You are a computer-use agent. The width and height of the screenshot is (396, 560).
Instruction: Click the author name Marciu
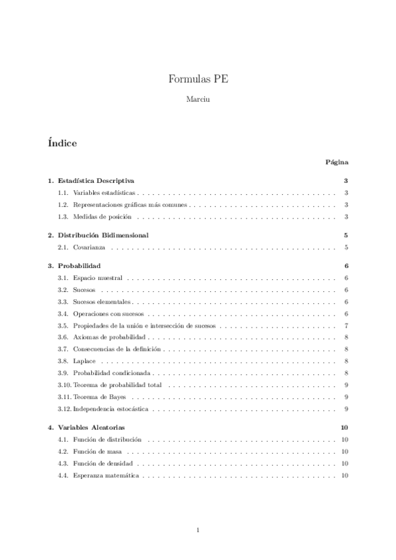[198, 100]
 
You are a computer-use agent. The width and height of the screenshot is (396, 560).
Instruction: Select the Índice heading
[62, 143]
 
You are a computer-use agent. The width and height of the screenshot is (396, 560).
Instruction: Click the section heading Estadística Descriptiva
[96, 180]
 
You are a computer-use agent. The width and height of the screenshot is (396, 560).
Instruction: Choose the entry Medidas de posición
[102, 217]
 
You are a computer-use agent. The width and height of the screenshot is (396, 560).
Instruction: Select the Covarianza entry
[89, 248]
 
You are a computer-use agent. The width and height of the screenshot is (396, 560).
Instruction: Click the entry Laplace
[84, 361]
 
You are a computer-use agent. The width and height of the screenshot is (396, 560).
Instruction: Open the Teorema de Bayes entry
[100, 397]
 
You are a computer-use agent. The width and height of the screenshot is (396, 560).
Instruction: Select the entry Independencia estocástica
[110, 409]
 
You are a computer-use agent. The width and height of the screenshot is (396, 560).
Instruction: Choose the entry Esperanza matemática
[106, 476]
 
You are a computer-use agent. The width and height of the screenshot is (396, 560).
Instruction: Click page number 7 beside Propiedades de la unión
[346, 326]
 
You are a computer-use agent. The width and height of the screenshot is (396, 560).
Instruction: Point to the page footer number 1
[198, 530]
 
